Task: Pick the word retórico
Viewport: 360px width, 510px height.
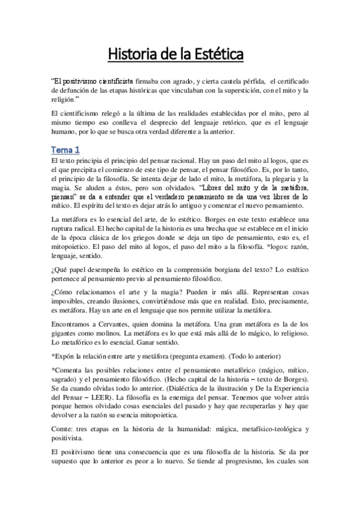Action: [x=224, y=124]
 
